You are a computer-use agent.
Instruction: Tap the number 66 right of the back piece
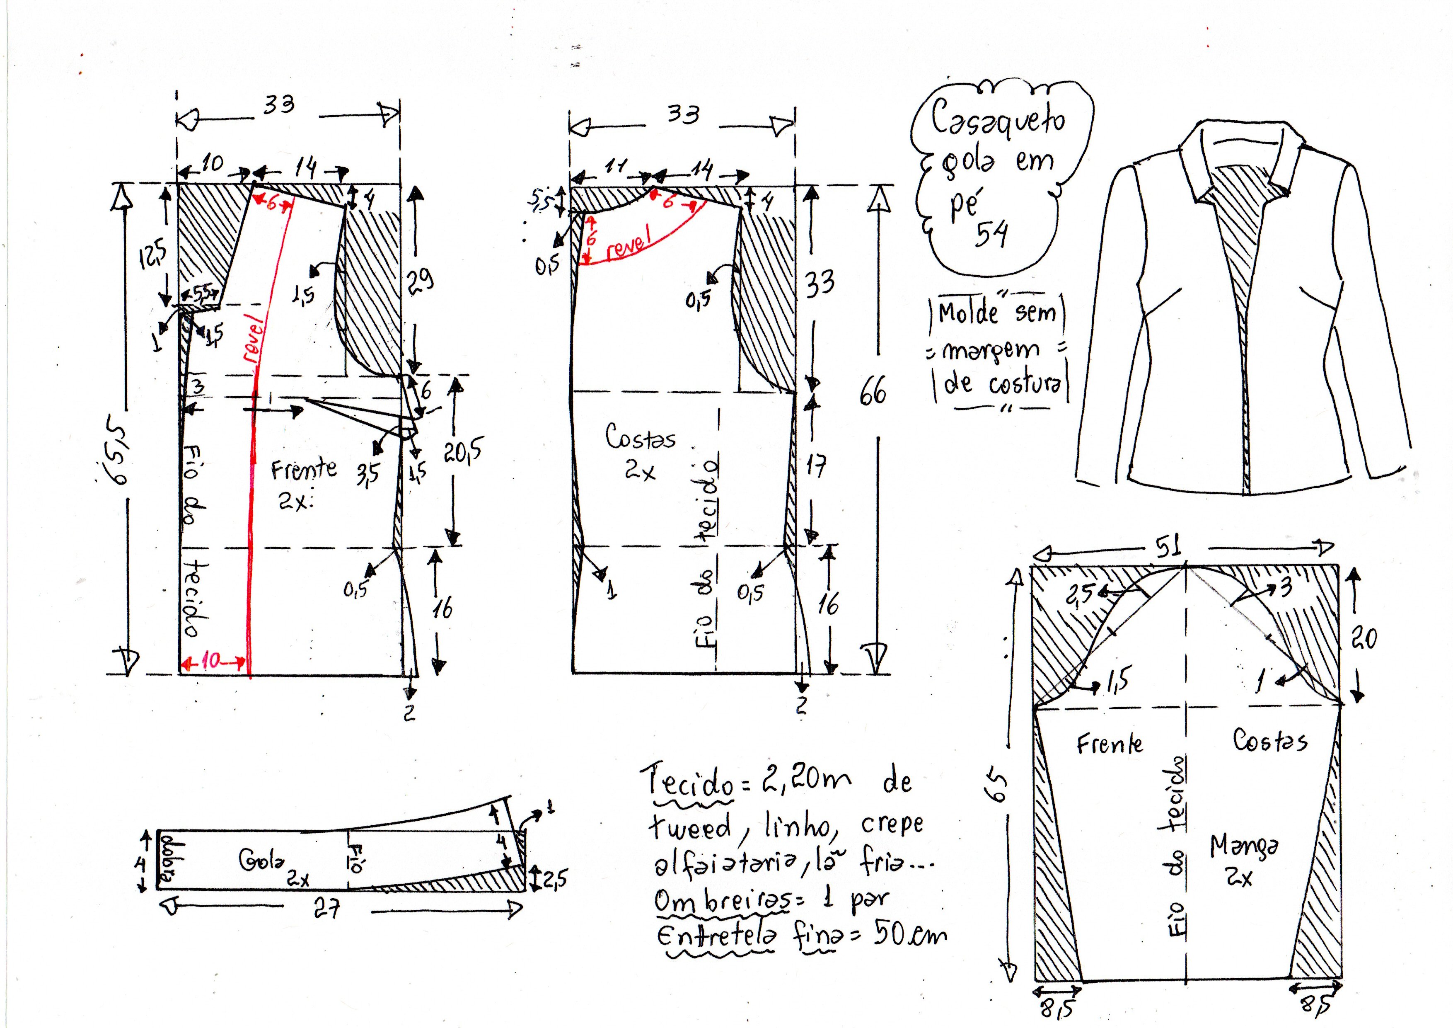[x=873, y=390]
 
